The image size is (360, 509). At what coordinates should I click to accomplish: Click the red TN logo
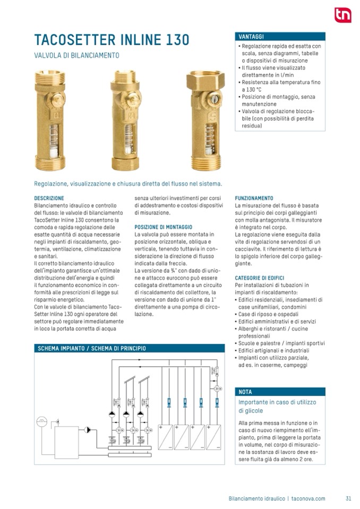[342, 15]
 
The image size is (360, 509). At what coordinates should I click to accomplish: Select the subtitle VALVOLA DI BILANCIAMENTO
[76, 55]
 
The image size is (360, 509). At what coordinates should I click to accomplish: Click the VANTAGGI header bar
[280, 37]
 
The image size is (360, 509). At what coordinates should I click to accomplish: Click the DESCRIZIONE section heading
[49, 199]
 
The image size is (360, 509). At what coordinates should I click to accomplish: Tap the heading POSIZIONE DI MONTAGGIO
[164, 227]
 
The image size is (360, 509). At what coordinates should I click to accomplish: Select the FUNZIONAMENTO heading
[254, 199]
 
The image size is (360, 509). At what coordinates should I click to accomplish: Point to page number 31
[348, 498]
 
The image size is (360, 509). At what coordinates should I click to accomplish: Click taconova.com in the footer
[308, 498]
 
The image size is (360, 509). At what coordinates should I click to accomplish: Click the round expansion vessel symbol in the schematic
[41, 422]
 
